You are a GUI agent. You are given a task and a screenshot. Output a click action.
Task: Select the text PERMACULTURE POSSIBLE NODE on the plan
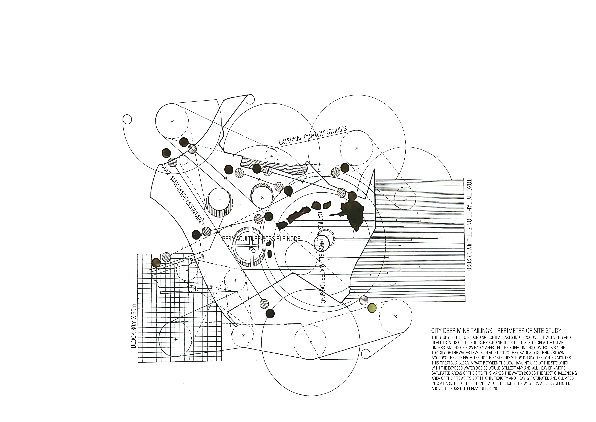pyautogui.click(x=261, y=239)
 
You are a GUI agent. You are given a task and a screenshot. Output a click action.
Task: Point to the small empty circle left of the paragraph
pyautogui.click(x=365, y=353)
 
